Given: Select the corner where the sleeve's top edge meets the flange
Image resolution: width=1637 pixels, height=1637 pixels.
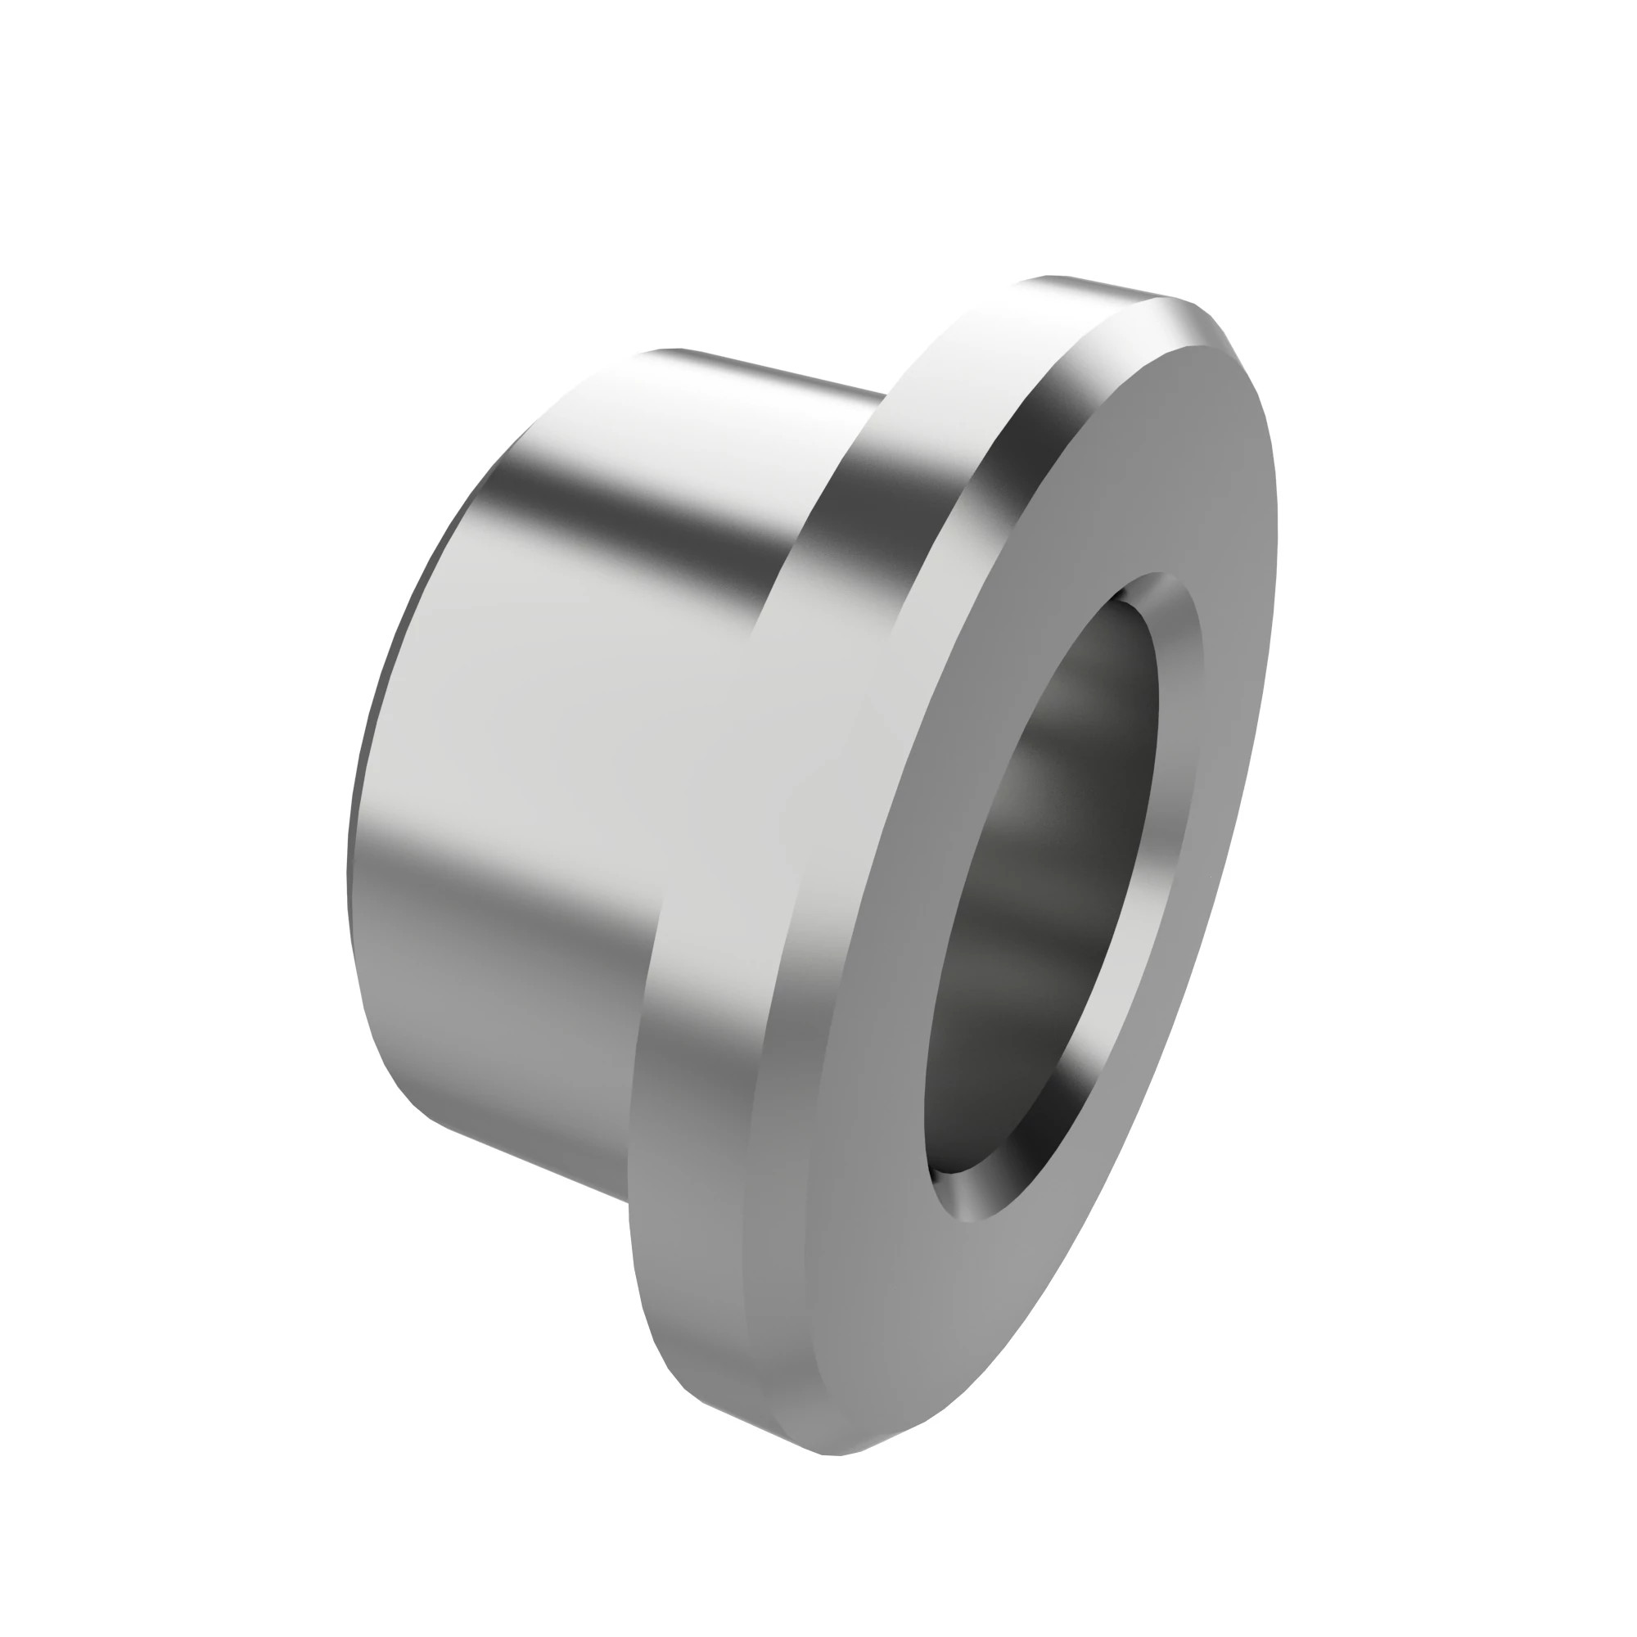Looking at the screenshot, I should pos(886,394).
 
